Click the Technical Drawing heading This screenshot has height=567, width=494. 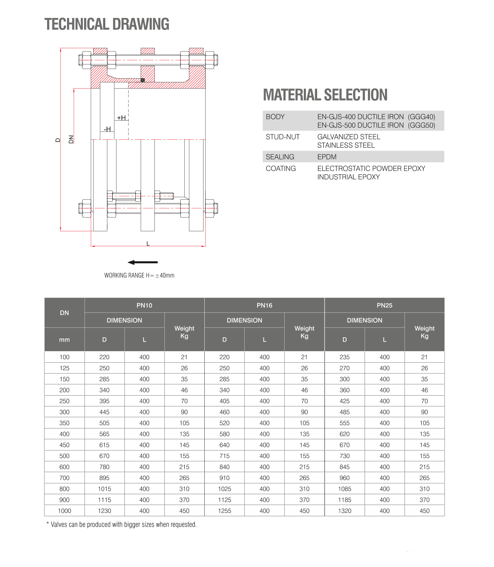107,25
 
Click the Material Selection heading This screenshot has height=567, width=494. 325,95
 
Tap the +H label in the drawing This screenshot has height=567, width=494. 121,118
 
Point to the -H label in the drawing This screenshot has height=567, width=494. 107,129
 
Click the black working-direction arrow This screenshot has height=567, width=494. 143,262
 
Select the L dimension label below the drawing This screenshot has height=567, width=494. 148,243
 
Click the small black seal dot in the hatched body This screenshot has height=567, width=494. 143,80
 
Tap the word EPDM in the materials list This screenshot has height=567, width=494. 327,157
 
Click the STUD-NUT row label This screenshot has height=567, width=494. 283,137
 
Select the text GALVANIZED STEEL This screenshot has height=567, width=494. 349,137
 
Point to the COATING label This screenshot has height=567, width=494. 281,168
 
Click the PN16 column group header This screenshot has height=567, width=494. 264,305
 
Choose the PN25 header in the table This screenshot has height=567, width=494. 385,305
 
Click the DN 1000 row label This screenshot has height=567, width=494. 65,511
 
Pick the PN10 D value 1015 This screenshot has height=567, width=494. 104,489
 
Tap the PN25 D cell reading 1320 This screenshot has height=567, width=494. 345,511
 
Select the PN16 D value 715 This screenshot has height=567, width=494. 224,456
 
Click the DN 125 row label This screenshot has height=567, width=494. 65,368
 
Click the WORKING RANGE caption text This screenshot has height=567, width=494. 139,275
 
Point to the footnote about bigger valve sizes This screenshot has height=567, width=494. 122,525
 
